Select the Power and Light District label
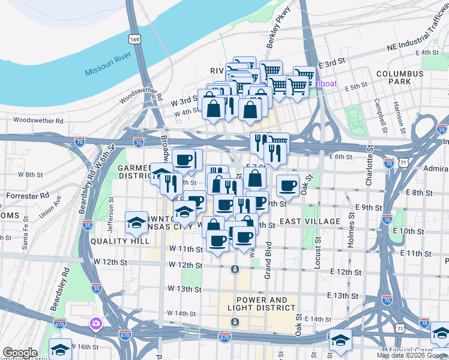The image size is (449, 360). click(267, 304)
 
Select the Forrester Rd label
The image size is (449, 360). click(28, 196)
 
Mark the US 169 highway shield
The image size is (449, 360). click(134, 39)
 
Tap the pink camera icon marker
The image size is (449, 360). click(95, 325)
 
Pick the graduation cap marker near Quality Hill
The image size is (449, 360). click(136, 222)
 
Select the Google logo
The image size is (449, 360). click(20, 353)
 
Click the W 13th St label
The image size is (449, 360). click(185, 289)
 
